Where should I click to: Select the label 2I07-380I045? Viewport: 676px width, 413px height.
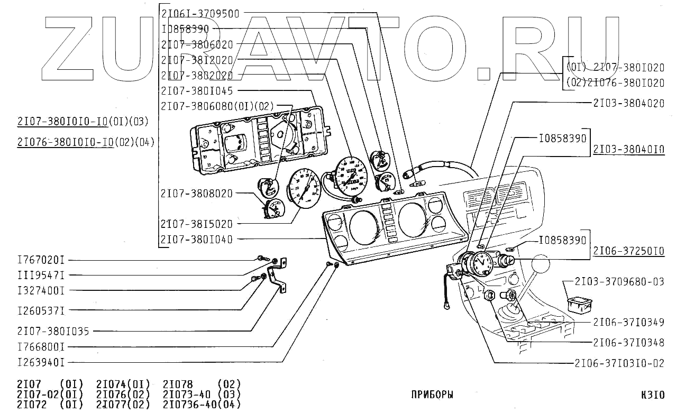coord(197,90)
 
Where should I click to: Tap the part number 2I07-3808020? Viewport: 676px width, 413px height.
coord(197,193)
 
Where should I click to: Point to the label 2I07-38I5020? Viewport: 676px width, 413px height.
coord(197,224)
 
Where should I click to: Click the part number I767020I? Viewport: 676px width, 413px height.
coord(41,260)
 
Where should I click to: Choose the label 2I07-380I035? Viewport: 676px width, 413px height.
coord(53,332)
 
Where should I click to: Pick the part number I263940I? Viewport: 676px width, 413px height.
coord(41,363)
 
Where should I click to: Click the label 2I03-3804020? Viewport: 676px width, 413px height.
coord(628,104)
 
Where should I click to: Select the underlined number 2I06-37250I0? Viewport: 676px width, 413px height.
coord(628,251)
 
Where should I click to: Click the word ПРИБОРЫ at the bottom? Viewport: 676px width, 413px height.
coord(432,394)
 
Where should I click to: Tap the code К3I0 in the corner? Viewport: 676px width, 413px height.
coord(652,394)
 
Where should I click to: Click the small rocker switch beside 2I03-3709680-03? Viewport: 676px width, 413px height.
coord(579,305)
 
